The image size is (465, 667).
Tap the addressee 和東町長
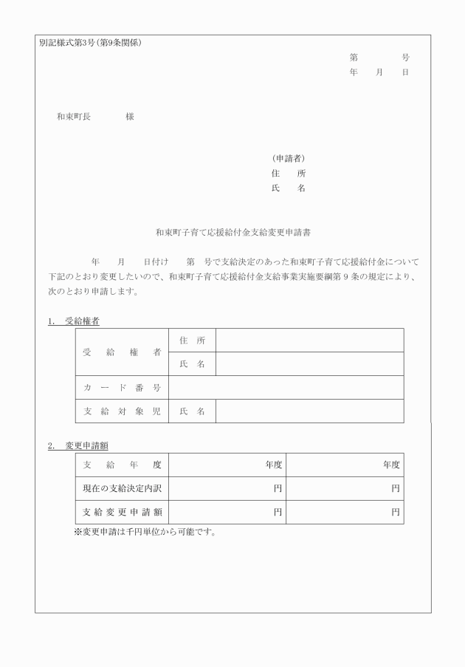coord(74,117)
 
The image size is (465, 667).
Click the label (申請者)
coord(289,158)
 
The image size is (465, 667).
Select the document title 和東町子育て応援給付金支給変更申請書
coord(232,232)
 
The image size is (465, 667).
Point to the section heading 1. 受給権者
coord(74,321)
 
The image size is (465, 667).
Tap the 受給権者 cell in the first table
coord(122,352)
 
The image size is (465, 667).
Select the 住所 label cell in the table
coord(192,341)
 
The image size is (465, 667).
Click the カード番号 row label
coord(122,388)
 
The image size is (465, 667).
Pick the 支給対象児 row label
coord(122,411)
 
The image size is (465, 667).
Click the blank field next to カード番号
coord(286,388)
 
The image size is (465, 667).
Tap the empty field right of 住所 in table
coord(309,341)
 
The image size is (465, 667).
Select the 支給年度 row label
coord(122,465)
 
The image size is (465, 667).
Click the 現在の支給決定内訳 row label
coord(122,488)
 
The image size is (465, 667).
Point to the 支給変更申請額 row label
coord(122,512)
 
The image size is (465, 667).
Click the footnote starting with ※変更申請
coord(145,532)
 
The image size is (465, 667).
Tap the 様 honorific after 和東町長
coord(130,117)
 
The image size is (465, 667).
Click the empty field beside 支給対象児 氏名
coord(309,411)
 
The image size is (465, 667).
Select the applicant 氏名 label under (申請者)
coord(289,188)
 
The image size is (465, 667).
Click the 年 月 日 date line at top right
coord(379,72)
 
